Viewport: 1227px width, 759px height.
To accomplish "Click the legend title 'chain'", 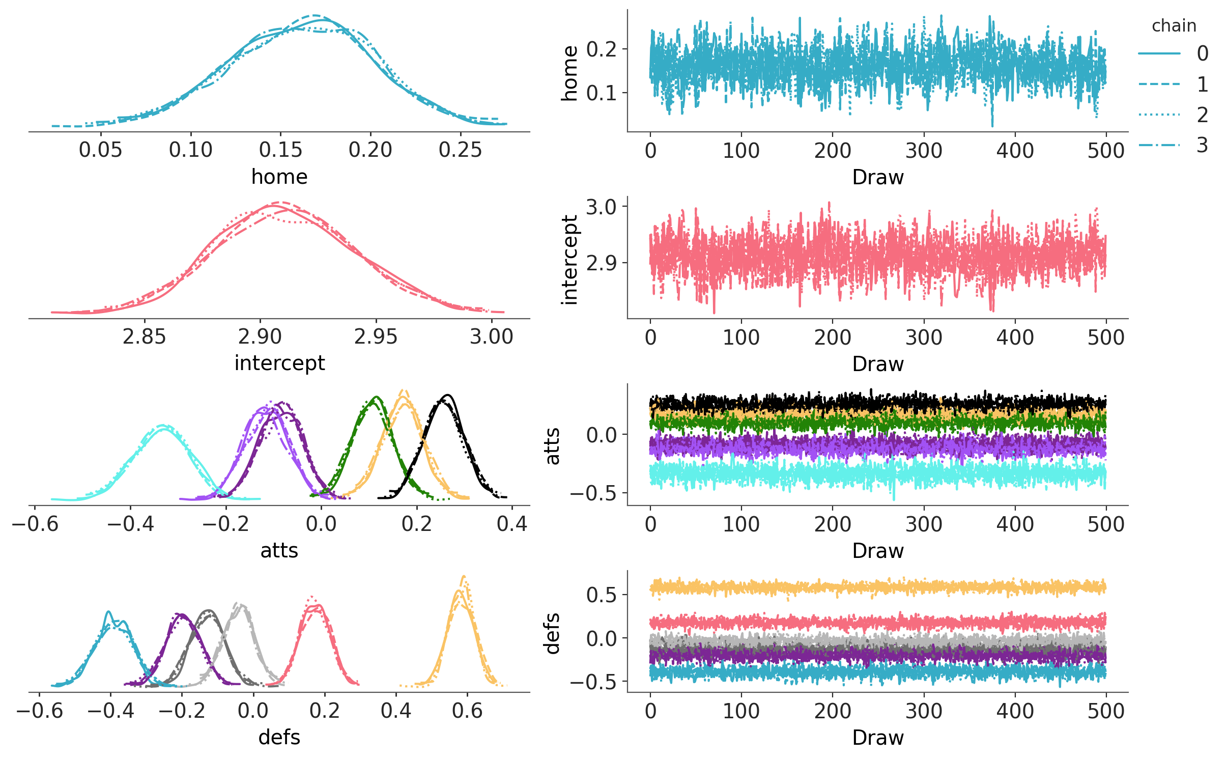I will [x=1174, y=25].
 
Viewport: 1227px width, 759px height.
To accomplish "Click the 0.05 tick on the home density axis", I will [x=101, y=150].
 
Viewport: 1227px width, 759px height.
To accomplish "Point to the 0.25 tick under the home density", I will [x=460, y=150].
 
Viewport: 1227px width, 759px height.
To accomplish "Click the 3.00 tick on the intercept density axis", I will [x=492, y=337].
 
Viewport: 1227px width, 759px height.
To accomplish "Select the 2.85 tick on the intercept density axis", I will [x=145, y=337].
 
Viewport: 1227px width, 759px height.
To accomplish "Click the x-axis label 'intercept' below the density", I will [x=279, y=363].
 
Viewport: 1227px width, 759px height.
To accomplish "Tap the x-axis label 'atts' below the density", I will [x=279, y=550].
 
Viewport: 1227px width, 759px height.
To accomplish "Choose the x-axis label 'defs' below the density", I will [x=279, y=737].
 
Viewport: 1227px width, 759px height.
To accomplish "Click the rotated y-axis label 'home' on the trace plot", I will [x=570, y=73].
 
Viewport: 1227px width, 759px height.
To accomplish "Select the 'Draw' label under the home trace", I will [x=878, y=177].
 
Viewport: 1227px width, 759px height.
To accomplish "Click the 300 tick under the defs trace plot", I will [x=924, y=711].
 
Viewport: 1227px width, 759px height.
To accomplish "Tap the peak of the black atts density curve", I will [x=447, y=395].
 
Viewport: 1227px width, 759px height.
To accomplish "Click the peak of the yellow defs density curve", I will [x=463, y=577].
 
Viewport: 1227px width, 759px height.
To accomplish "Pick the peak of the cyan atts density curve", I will [x=163, y=426].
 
